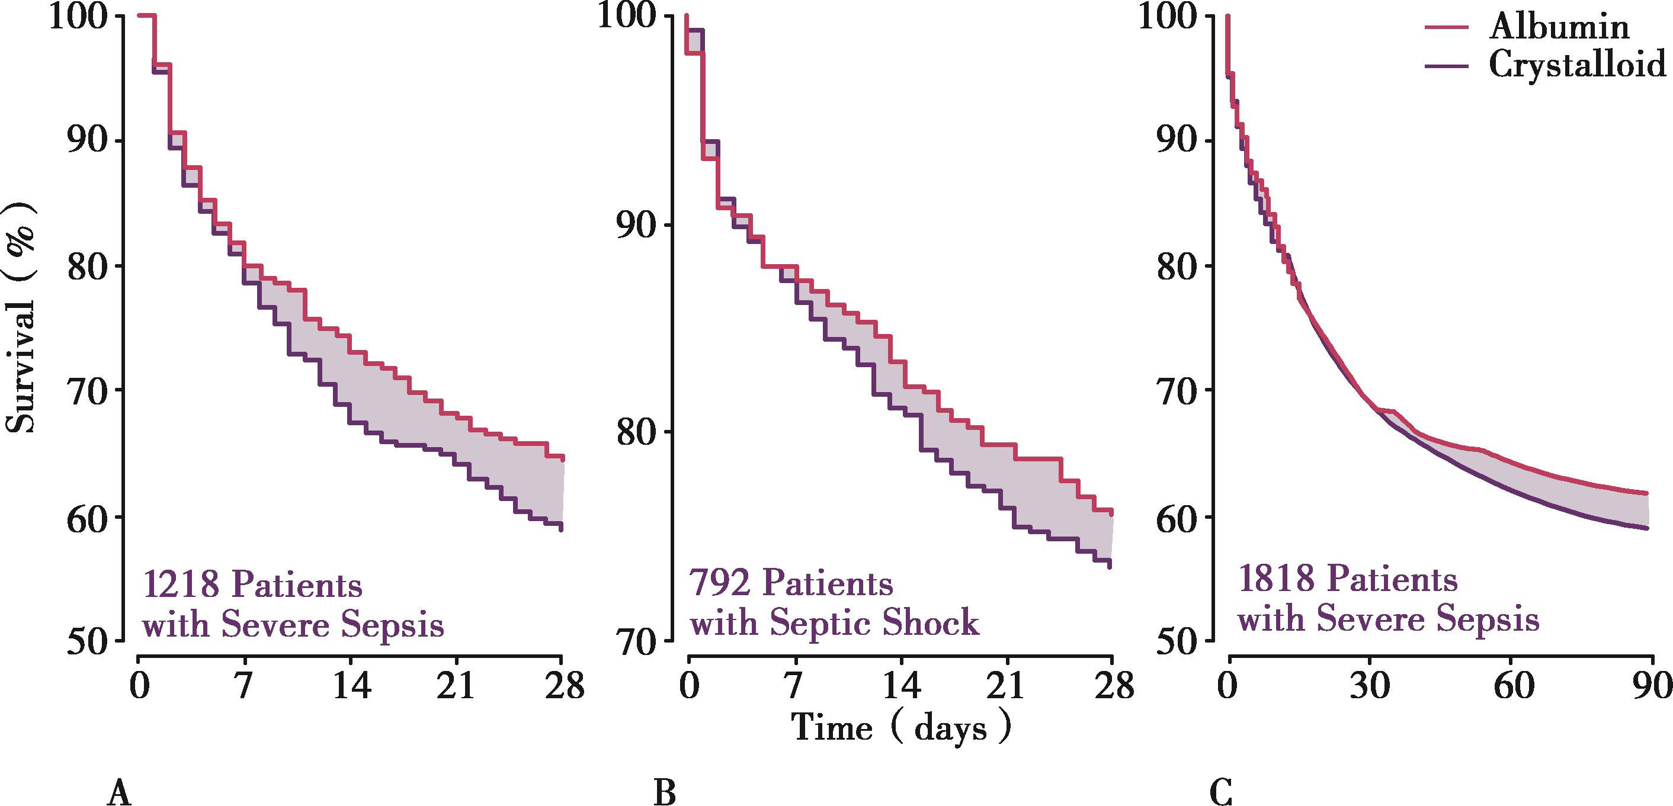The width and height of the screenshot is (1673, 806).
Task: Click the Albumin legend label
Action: tap(1559, 27)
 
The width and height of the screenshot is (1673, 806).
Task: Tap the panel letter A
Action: tap(120, 793)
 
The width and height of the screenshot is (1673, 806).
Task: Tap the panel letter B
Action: tap(665, 793)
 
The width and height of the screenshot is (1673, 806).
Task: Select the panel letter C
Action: tap(1222, 793)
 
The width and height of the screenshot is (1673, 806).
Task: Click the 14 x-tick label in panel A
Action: tap(351, 685)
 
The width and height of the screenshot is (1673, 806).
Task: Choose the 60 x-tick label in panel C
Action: tap(1513, 685)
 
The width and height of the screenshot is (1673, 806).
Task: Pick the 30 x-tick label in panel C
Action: tap(1370, 685)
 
